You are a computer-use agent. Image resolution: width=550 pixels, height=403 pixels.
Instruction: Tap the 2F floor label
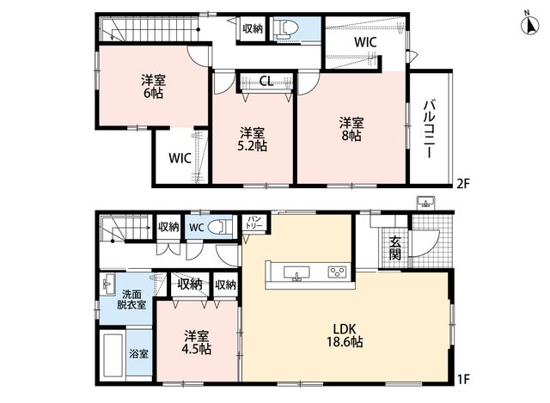(462, 184)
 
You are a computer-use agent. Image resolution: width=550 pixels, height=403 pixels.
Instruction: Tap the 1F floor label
(462, 379)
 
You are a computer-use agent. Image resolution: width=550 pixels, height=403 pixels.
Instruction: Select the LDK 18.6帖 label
(345, 335)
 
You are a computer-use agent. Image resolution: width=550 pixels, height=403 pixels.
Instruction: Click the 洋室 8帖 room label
(351, 129)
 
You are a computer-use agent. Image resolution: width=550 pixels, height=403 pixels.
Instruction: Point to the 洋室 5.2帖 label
(252, 139)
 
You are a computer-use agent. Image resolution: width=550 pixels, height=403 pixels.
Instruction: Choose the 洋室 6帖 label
(153, 87)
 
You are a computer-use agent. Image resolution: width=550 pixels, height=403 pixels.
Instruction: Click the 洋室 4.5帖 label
(197, 342)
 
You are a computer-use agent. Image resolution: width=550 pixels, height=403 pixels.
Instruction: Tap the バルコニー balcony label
(431, 129)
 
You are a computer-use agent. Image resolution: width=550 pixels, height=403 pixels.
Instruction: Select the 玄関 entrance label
(395, 248)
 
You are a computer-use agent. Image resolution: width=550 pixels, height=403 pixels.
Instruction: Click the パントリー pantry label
(255, 223)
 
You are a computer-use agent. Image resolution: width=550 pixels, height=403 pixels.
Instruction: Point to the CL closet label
(266, 82)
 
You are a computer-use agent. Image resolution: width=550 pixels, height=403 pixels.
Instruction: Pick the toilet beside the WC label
(220, 228)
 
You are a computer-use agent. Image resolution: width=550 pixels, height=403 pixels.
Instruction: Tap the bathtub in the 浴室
(113, 355)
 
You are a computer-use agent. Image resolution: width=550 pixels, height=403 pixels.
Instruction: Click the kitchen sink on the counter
(296, 272)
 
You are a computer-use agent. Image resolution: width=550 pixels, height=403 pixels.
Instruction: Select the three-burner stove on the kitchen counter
(337, 272)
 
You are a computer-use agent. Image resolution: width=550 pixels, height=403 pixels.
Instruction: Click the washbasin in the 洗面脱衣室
(109, 284)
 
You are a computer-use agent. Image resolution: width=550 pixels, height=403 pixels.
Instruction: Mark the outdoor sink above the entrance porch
(426, 204)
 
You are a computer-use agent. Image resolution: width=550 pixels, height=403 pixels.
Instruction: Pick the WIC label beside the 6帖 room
(180, 158)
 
